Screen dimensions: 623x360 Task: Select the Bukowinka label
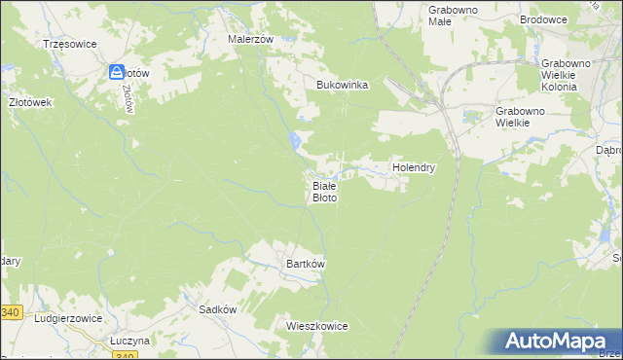[x=342, y=85]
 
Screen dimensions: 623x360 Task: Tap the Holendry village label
[x=413, y=167]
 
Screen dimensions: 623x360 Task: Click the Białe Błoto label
[x=324, y=191]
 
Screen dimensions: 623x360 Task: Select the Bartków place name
[x=305, y=264]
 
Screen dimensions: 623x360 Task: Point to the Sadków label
[x=218, y=308]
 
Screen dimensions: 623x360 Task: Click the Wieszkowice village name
[x=317, y=326]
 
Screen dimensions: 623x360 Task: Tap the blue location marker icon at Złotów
[x=116, y=72]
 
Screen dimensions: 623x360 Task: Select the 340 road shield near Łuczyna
[x=125, y=356]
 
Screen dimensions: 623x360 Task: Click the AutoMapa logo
[x=559, y=341]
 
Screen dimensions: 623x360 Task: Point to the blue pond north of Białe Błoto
[x=294, y=142]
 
